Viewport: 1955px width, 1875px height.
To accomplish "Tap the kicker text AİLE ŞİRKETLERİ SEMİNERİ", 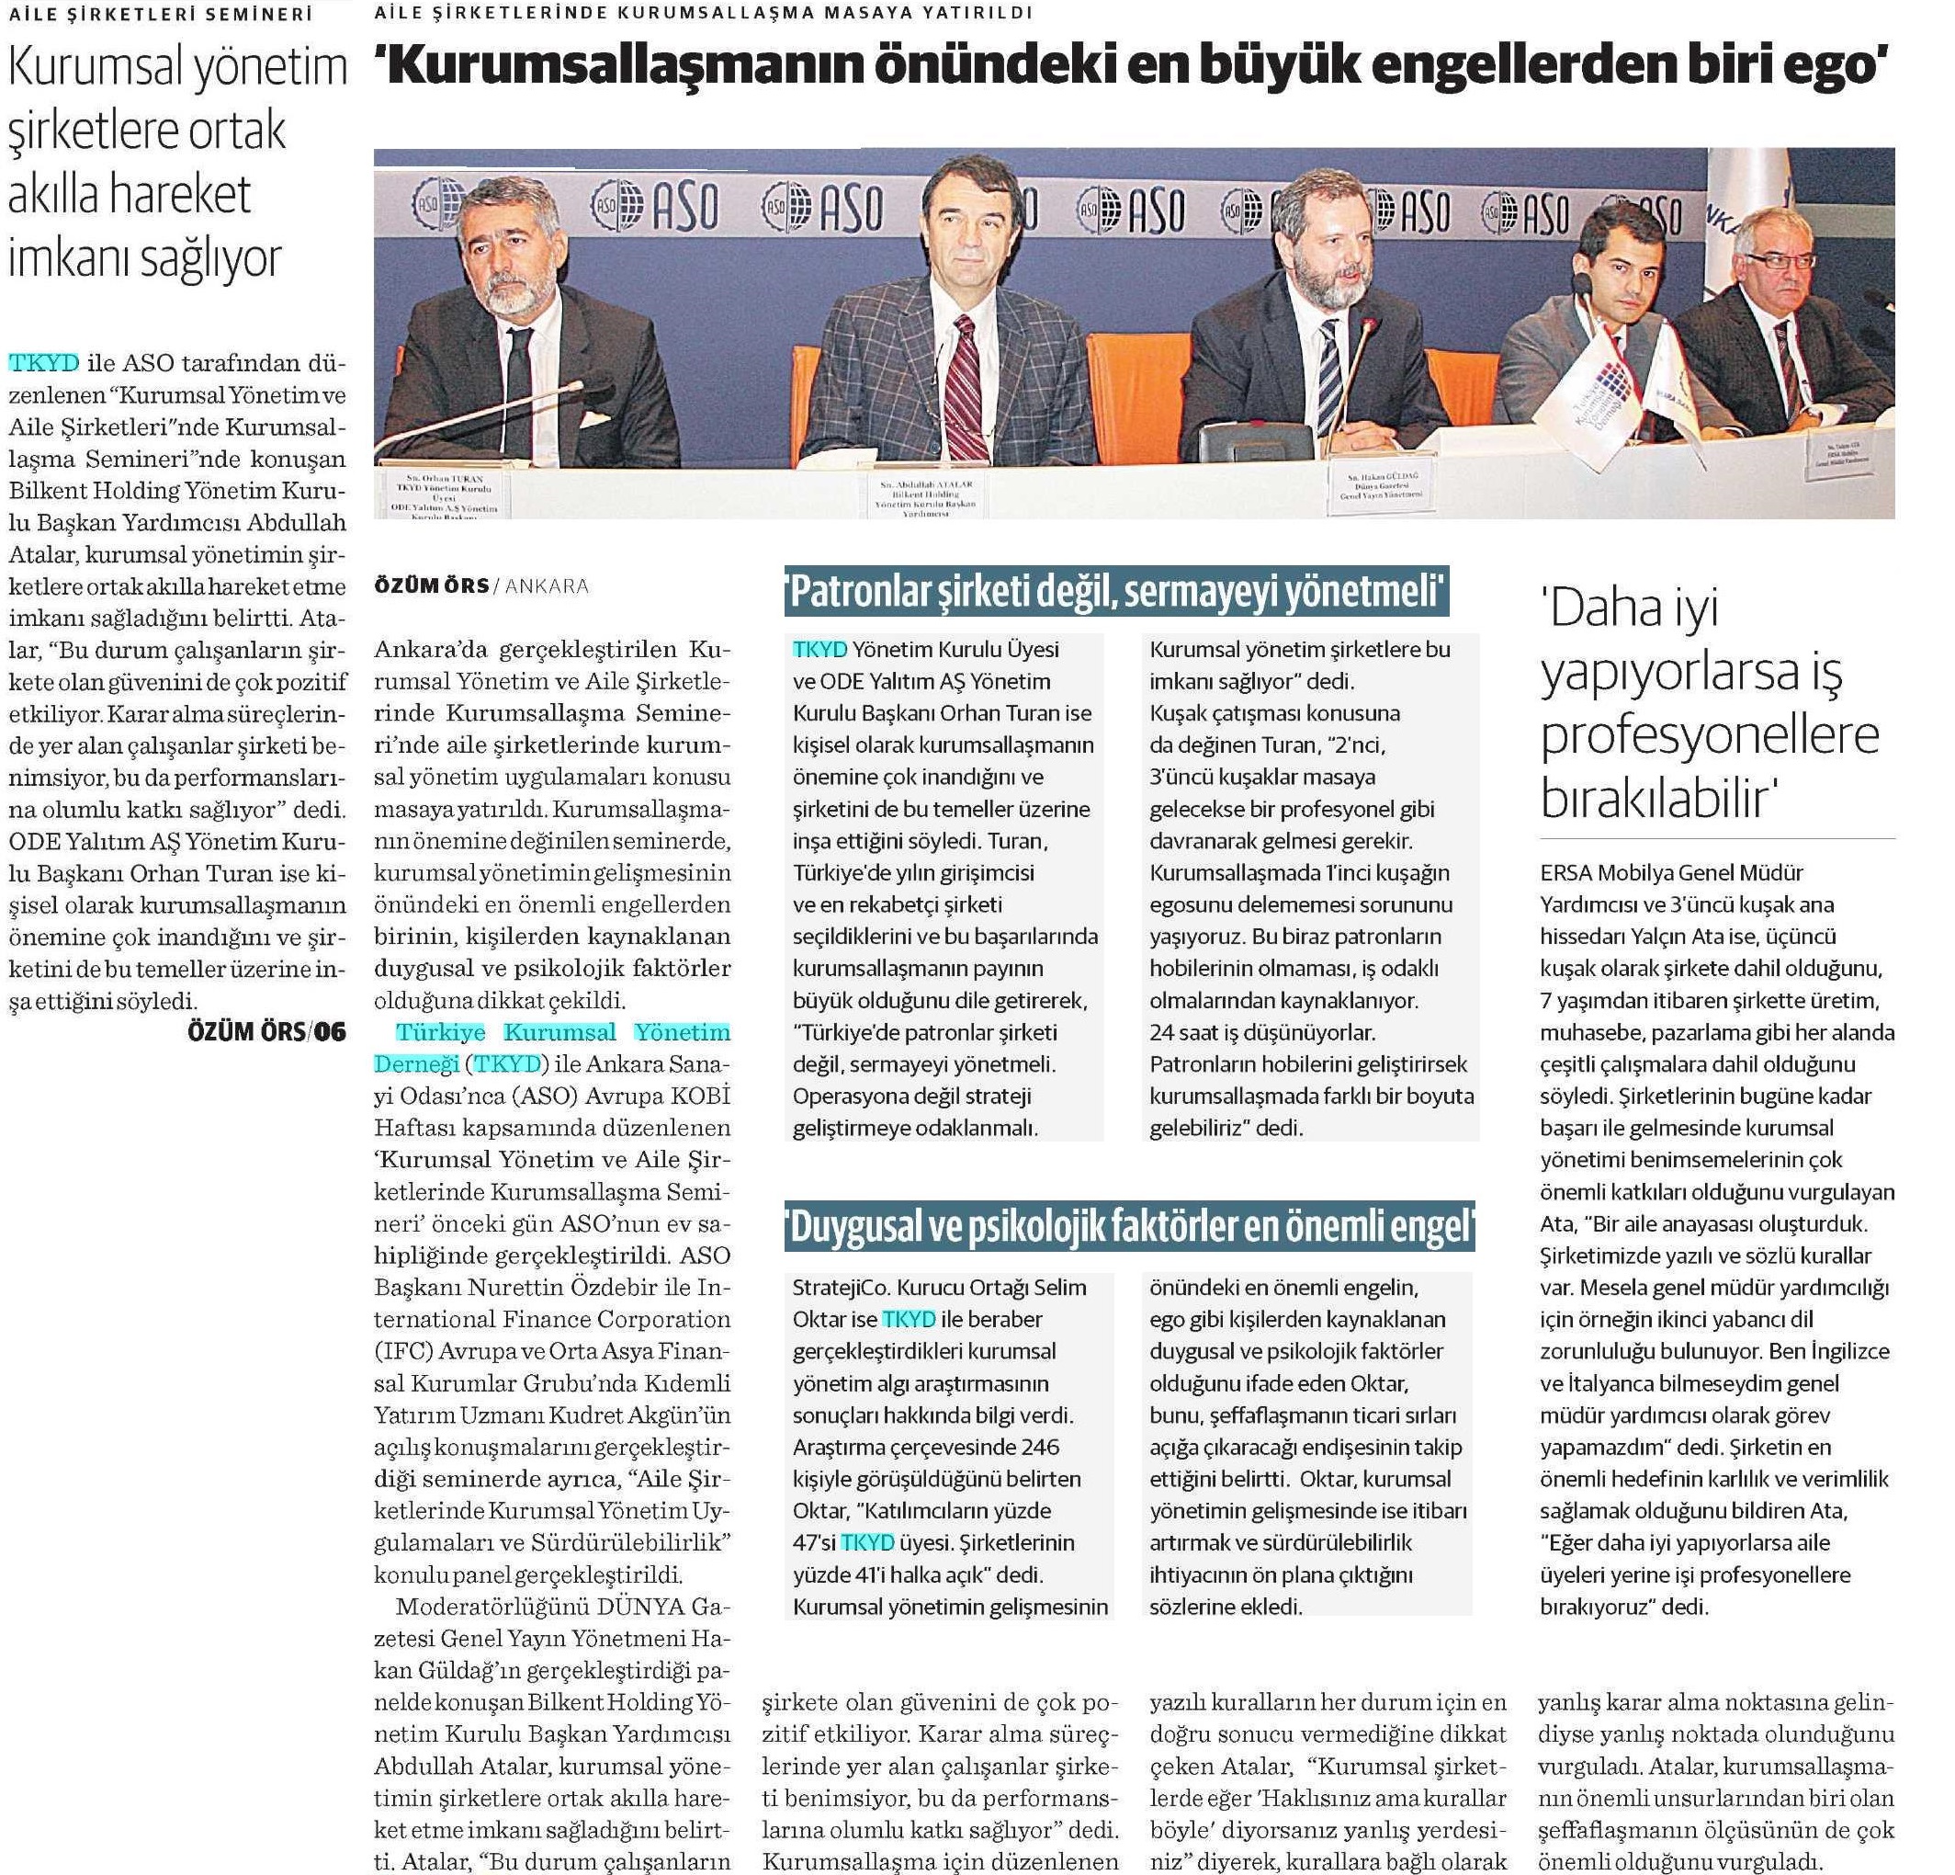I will coord(161,14).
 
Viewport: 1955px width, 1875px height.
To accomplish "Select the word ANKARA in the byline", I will coord(547,585).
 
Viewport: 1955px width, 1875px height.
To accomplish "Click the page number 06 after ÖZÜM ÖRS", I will coord(330,1032).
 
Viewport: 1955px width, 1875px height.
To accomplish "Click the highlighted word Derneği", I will coord(416,1064).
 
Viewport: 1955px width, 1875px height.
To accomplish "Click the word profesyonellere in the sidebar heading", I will coord(1710,734).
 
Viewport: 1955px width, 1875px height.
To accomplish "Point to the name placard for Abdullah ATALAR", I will coord(926,496).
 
